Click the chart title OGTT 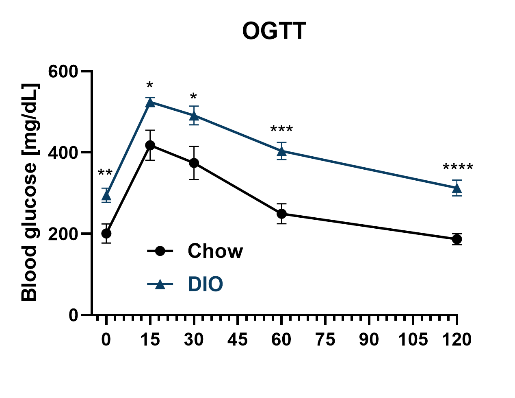pos(274,31)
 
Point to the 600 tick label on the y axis pos(63,72)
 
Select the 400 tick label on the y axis pos(63,153)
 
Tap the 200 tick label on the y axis pos(63,234)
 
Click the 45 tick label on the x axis pos(238,339)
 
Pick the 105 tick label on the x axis pos(413,339)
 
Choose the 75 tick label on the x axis pos(325,339)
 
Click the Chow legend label pos(215,251)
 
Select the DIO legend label pos(206,284)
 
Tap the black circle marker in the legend pos(160,251)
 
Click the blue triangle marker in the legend pos(160,284)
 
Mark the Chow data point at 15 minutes pos(150,145)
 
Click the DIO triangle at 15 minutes pos(150,102)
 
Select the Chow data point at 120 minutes pos(457,239)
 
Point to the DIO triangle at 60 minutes pos(281,151)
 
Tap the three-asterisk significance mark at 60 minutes pos(281,130)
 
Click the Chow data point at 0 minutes pos(106,234)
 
